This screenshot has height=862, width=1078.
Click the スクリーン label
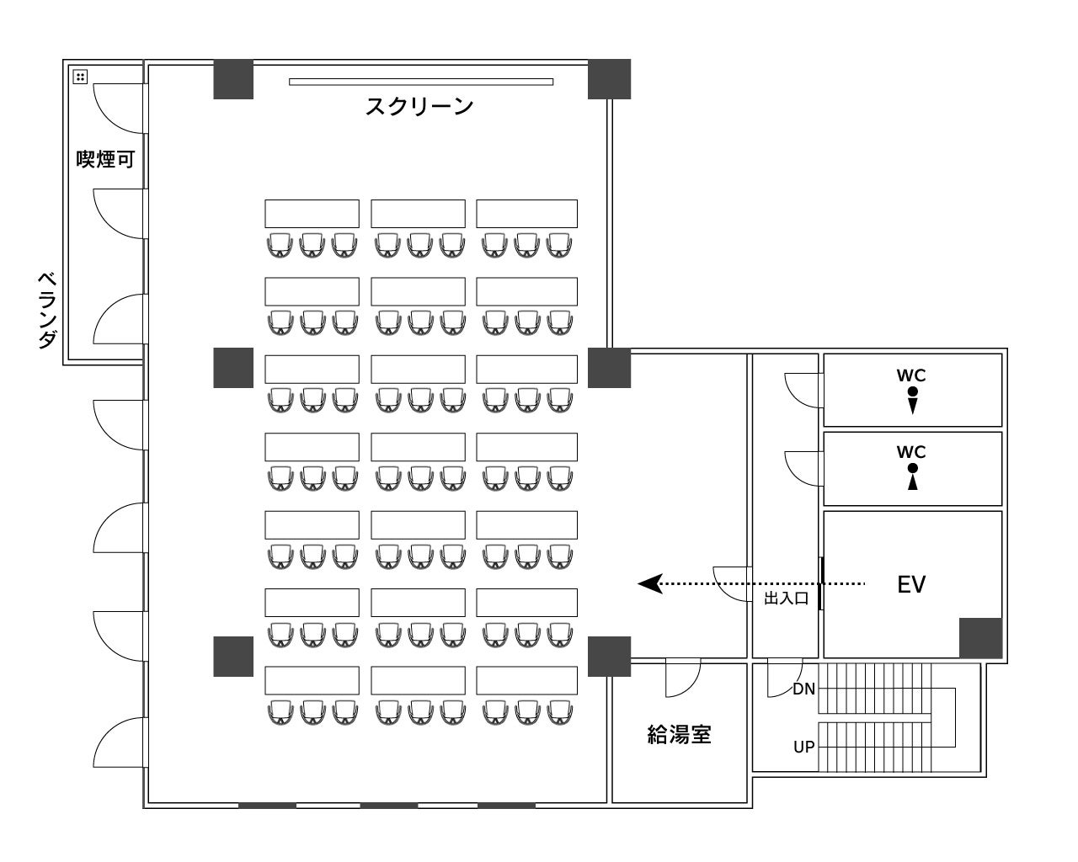(x=419, y=107)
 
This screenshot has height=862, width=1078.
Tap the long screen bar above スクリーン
(x=421, y=82)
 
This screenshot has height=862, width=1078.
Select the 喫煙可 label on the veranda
(x=105, y=159)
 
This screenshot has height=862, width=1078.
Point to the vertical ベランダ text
(x=48, y=310)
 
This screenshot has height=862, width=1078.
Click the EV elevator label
(x=911, y=584)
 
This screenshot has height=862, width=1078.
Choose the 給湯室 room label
(x=679, y=735)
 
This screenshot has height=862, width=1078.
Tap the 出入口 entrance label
(x=786, y=599)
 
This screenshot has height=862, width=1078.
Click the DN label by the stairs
(x=803, y=689)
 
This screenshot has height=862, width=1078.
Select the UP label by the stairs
(x=803, y=747)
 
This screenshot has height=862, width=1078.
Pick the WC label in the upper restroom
(x=912, y=375)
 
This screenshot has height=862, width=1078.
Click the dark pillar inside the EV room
(x=980, y=637)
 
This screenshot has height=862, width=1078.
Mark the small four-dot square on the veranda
(x=80, y=77)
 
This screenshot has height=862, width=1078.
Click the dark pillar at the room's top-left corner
(x=233, y=79)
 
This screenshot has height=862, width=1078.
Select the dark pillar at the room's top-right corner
(x=609, y=79)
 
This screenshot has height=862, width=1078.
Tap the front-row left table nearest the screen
(x=312, y=213)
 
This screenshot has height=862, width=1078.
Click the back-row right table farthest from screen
(x=526, y=680)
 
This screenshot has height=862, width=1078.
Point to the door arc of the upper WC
(x=800, y=390)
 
